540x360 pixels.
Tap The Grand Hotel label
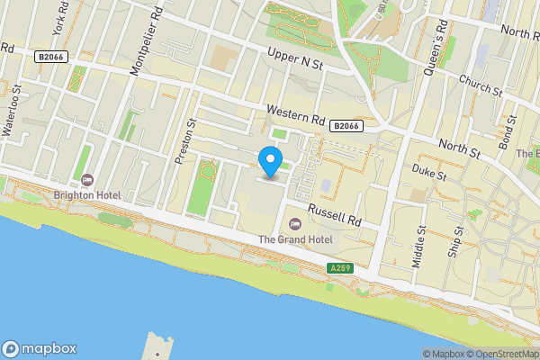tap(295, 239)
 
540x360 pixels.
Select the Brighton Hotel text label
tap(88, 193)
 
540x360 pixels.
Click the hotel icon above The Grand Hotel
tap(294, 224)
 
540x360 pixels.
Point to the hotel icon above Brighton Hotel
tap(87, 179)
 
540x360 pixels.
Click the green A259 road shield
tap(340, 268)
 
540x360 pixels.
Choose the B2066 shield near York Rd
tap(50, 57)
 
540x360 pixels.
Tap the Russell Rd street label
tap(334, 213)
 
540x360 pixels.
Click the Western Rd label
tap(295, 113)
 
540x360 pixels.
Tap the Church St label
tap(480, 85)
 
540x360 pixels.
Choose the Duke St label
tap(429, 172)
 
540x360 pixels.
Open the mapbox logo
tap(40, 348)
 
